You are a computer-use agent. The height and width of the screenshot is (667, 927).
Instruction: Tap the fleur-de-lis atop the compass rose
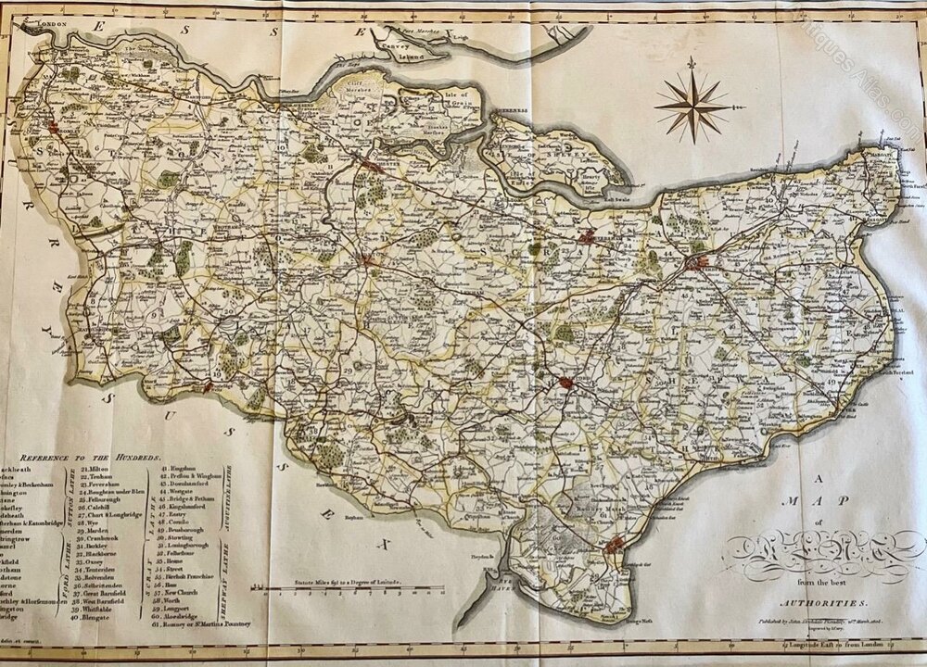(x=692, y=64)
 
